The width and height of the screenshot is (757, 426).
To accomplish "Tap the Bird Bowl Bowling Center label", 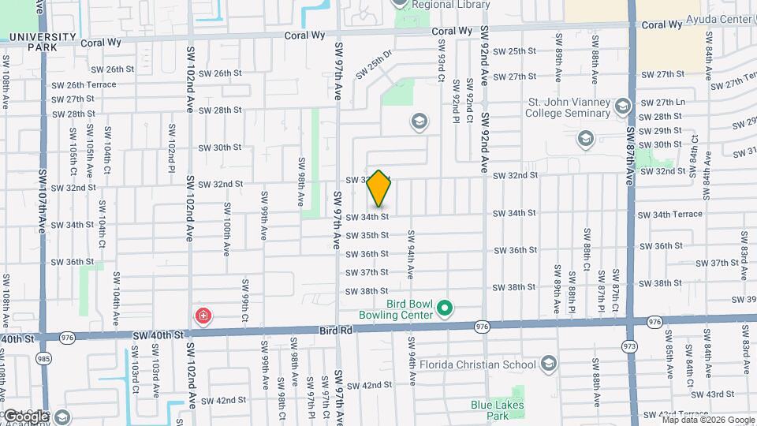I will click(408, 309).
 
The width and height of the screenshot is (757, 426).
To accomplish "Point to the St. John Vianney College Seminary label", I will click(569, 108).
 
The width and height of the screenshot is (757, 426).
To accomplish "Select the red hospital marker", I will click(203, 316).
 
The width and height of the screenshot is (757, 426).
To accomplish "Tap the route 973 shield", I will click(629, 346).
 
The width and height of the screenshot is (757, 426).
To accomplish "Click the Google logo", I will click(25, 416).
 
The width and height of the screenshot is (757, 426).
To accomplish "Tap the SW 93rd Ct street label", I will click(442, 62).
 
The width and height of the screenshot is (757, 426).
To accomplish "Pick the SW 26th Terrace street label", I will click(84, 84).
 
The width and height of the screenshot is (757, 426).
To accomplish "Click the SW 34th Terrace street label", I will click(669, 214).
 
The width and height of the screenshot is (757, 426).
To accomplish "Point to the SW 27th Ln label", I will click(662, 103).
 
